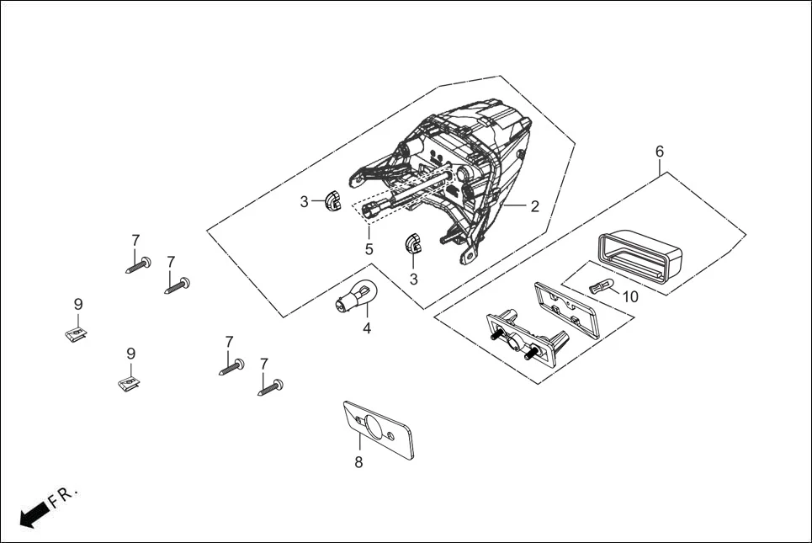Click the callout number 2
click(x=534, y=206)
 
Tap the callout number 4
click(x=367, y=328)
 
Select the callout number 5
click(x=369, y=249)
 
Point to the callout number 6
click(x=660, y=152)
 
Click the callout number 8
click(x=358, y=462)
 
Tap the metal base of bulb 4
click(x=345, y=304)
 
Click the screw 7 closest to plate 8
click(x=270, y=388)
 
